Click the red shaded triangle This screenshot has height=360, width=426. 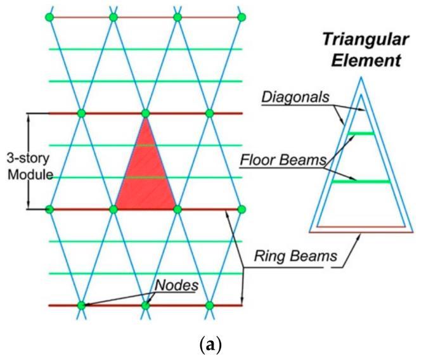tap(146, 174)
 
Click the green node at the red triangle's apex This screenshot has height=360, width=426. tap(146, 113)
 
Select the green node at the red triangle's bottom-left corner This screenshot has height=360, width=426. tap(113, 208)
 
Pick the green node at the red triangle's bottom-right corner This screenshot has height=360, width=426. tap(177, 208)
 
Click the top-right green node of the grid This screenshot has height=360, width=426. tap(241, 16)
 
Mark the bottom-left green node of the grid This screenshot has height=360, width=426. tap(81, 305)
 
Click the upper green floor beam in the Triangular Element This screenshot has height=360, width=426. tap(359, 133)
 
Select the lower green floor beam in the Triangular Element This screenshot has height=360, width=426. tap(359, 182)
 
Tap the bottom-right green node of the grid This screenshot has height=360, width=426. tap(210, 305)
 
